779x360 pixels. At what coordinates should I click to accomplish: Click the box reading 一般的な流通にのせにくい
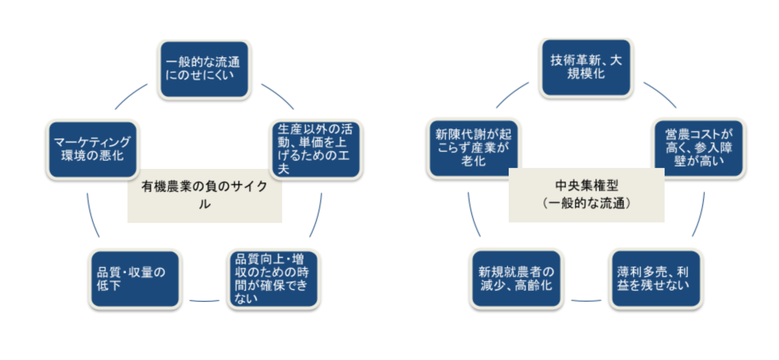pyautogui.click(x=204, y=69)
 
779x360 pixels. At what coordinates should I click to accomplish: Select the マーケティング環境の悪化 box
pyautogui.click(x=92, y=149)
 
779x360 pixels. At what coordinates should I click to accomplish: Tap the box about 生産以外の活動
pyautogui.click(x=316, y=149)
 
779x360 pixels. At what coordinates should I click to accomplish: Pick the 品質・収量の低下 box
pyautogui.click(x=135, y=279)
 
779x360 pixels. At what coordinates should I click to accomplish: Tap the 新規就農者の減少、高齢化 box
pyautogui.click(x=516, y=279)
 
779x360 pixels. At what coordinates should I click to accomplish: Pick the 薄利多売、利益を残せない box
pyautogui.click(x=656, y=279)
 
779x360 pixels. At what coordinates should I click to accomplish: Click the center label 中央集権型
pyautogui.click(x=586, y=195)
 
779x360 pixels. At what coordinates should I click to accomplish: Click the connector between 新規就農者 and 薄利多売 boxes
pyautogui.click(x=586, y=301)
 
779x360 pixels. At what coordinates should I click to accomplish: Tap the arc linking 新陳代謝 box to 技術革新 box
pyautogui.click(x=512, y=94)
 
